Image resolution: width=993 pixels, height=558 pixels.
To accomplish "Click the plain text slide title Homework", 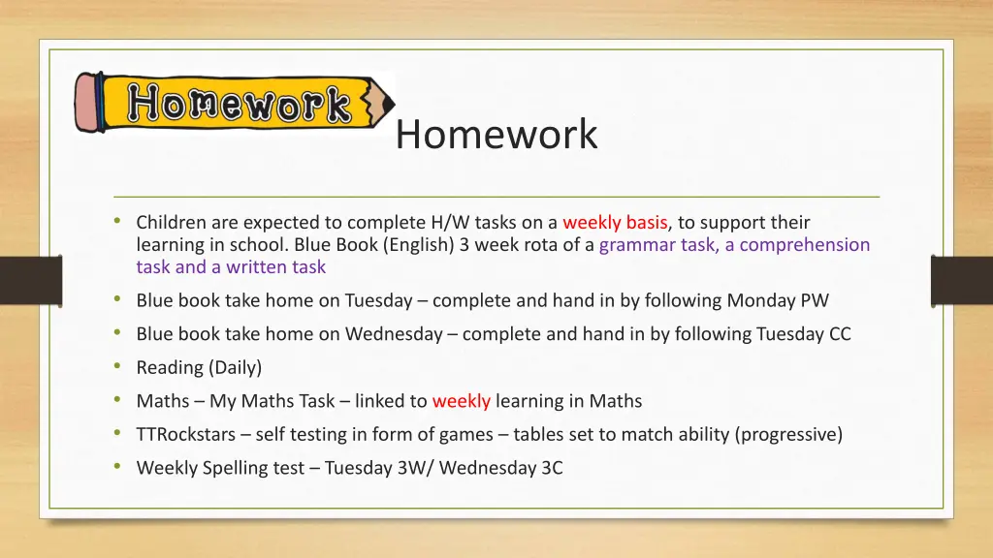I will click(x=496, y=135).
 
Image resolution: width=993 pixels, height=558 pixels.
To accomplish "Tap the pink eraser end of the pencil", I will click(x=88, y=104).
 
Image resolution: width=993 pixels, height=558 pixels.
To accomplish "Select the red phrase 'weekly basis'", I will click(x=615, y=223).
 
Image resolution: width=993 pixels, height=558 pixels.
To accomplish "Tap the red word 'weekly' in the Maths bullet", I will click(x=461, y=401).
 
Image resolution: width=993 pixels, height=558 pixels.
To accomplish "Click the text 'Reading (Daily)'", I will click(x=199, y=367).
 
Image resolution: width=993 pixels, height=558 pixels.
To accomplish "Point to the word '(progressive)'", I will click(x=789, y=434).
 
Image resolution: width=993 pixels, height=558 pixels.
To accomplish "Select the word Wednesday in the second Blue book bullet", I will click(x=394, y=334).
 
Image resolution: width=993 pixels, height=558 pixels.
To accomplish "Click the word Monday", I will click(x=761, y=300).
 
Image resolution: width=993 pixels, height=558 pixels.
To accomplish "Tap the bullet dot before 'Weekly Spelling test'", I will click(x=117, y=467).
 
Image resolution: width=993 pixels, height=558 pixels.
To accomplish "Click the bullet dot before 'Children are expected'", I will click(x=117, y=222).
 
